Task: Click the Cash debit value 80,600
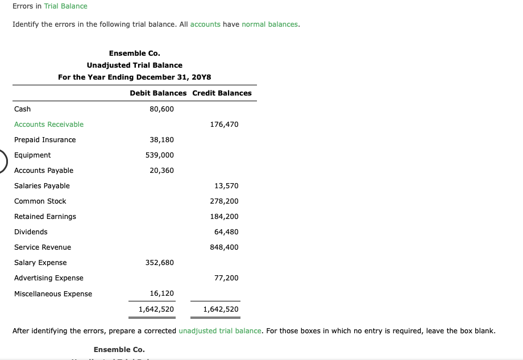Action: pos(161,109)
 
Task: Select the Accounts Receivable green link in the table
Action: pos(49,125)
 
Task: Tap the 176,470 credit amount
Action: pos(224,125)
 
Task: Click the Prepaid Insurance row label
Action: pos(45,140)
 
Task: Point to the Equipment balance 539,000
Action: pos(160,155)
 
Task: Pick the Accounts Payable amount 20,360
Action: pos(161,171)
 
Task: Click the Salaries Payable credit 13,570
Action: pos(226,186)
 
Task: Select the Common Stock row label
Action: pos(40,201)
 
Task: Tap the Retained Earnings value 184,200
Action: pos(224,217)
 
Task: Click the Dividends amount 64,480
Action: pos(226,232)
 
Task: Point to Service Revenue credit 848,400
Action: pos(224,247)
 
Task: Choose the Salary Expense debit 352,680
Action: pos(160,263)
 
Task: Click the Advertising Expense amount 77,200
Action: pos(226,278)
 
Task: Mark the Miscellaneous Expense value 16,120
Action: pos(161,293)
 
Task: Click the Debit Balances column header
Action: pos(158,93)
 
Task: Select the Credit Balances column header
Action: pos(222,93)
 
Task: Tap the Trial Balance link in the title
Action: pos(65,6)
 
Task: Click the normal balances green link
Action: pos(270,25)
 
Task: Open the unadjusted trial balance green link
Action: pos(220,331)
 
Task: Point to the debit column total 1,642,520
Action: pos(156,310)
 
